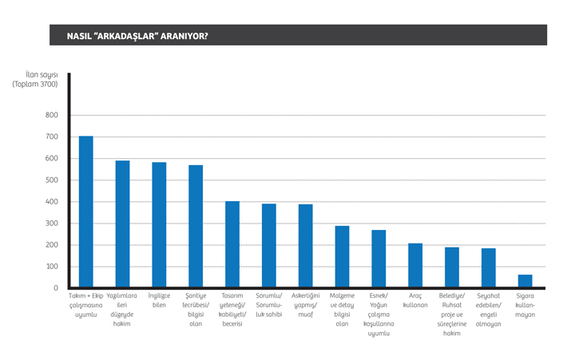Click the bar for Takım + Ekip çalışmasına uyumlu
tap(86, 212)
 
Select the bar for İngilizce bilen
tap(159, 224)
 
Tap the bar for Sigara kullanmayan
tap(525, 281)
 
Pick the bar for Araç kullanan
tap(415, 265)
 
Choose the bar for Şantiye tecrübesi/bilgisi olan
tap(196, 226)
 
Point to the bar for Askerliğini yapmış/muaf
tap(306, 246)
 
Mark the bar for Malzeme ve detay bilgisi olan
tap(342, 256)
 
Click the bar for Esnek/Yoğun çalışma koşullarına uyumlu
tap(379, 259)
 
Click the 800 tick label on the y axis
tap(52, 115)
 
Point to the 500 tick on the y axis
tap(52, 180)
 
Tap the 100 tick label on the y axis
tap(52, 267)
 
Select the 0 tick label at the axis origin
tap(56, 288)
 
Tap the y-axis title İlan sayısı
tap(42, 75)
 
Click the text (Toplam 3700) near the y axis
tap(35, 84)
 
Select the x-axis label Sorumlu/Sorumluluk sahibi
tap(269, 305)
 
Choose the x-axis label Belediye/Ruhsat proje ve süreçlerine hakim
tap(452, 315)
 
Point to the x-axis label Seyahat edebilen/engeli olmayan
tap(488, 310)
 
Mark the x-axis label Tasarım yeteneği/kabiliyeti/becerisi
tap(232, 310)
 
